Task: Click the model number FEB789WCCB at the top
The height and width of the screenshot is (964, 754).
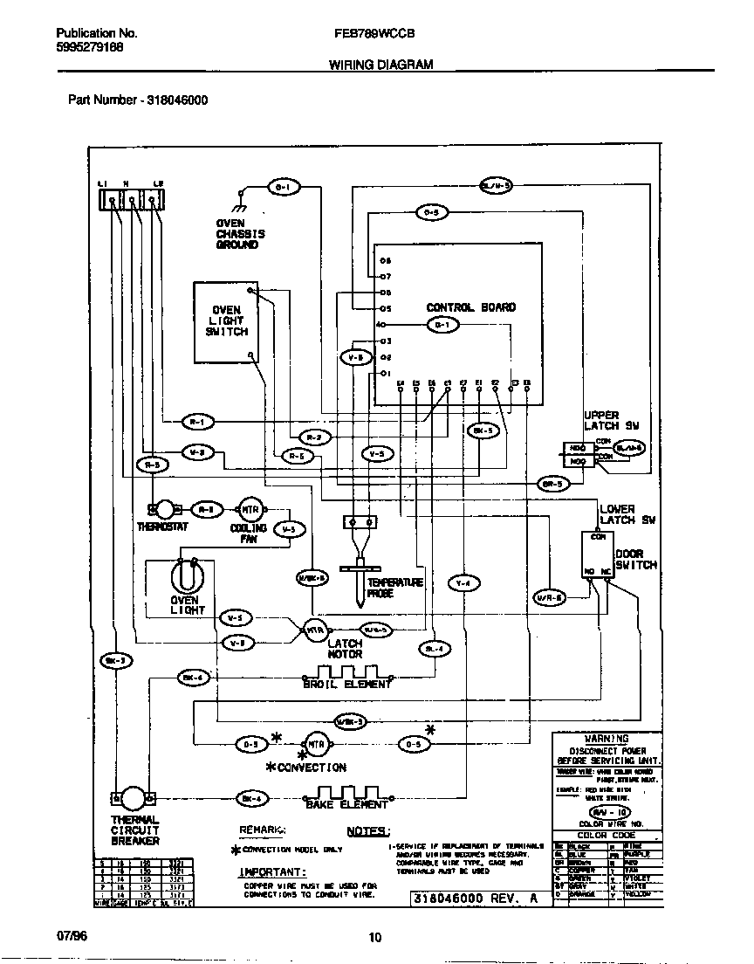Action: tap(374, 35)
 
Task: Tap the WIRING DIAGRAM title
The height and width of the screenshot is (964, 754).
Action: tap(380, 65)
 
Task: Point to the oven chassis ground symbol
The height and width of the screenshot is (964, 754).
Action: tap(238, 204)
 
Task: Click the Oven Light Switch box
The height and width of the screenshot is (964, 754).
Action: tap(226, 320)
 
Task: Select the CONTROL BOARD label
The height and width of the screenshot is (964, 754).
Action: tap(470, 307)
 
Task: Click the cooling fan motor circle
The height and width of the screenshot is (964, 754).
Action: tap(249, 510)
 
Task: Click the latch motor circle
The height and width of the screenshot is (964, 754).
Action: tap(314, 629)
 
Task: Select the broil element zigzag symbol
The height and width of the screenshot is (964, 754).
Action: tap(346, 673)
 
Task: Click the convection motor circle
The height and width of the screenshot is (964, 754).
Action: tap(315, 744)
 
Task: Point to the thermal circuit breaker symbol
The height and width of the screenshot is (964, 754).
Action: tap(133, 797)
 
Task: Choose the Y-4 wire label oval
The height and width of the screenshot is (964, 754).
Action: tap(463, 583)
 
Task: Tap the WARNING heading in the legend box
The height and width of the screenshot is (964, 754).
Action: tap(607, 739)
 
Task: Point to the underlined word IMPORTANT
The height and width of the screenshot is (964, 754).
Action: tap(272, 872)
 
